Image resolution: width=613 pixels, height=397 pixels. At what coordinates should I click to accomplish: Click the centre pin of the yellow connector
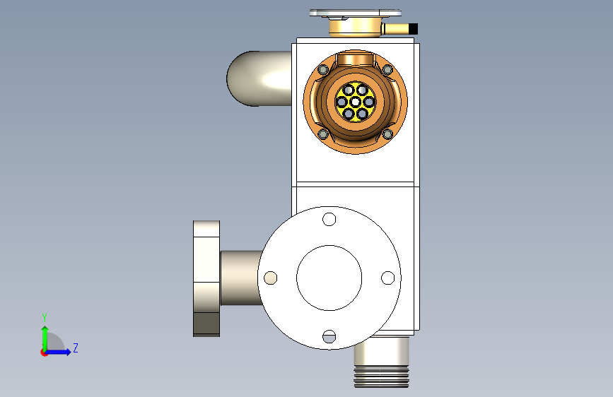point(355,102)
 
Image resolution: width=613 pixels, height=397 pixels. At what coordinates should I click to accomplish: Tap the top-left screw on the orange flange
point(323,70)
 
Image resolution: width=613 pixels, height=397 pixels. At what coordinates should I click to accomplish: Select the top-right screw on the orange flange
point(387,70)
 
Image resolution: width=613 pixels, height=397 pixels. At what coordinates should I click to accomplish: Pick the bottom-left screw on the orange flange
point(323,134)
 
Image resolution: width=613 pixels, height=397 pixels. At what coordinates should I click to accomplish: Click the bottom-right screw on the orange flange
point(387,134)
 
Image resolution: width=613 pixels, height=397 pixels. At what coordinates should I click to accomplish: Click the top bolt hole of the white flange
point(329,219)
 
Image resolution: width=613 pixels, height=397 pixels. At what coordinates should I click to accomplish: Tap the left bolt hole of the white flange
point(271,278)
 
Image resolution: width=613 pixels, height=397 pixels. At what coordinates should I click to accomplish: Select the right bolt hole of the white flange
point(388,278)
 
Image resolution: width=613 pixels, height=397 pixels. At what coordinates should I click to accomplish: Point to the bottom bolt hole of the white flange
point(329,336)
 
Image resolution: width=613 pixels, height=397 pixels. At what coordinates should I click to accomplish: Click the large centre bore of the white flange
point(329,278)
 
